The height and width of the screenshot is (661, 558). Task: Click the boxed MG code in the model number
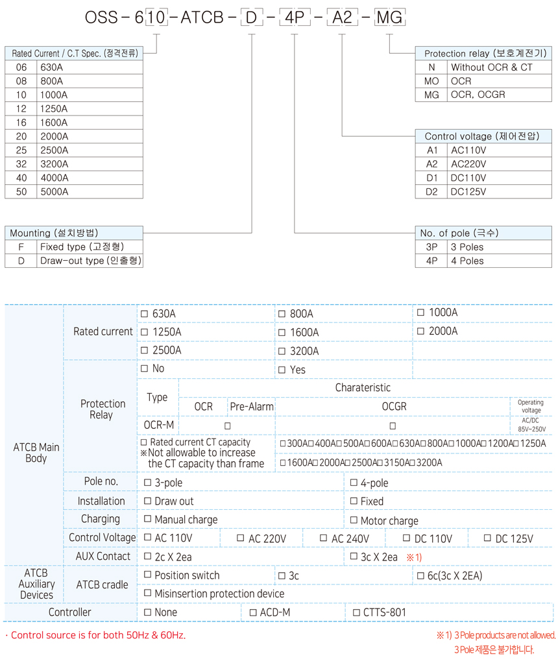click(x=390, y=18)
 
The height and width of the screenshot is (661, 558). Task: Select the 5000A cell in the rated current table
click(x=54, y=192)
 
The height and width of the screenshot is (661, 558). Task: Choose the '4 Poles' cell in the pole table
click(x=467, y=261)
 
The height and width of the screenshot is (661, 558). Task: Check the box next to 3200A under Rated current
click(x=282, y=352)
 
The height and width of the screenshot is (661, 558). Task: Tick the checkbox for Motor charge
click(x=354, y=520)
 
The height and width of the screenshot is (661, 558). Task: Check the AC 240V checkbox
click(x=324, y=538)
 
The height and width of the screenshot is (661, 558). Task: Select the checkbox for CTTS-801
click(x=356, y=612)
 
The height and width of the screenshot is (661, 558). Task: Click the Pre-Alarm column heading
click(x=251, y=407)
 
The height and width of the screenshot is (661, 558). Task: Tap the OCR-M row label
click(x=158, y=425)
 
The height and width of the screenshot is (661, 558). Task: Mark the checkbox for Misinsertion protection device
click(x=147, y=593)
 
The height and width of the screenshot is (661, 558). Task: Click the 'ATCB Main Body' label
click(x=36, y=452)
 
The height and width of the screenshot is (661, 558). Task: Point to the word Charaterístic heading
click(x=363, y=388)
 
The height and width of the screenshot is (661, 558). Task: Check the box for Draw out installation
click(x=147, y=501)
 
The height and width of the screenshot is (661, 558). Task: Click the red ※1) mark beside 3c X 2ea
click(x=414, y=557)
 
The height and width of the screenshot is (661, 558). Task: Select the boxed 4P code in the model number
click(x=295, y=18)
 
